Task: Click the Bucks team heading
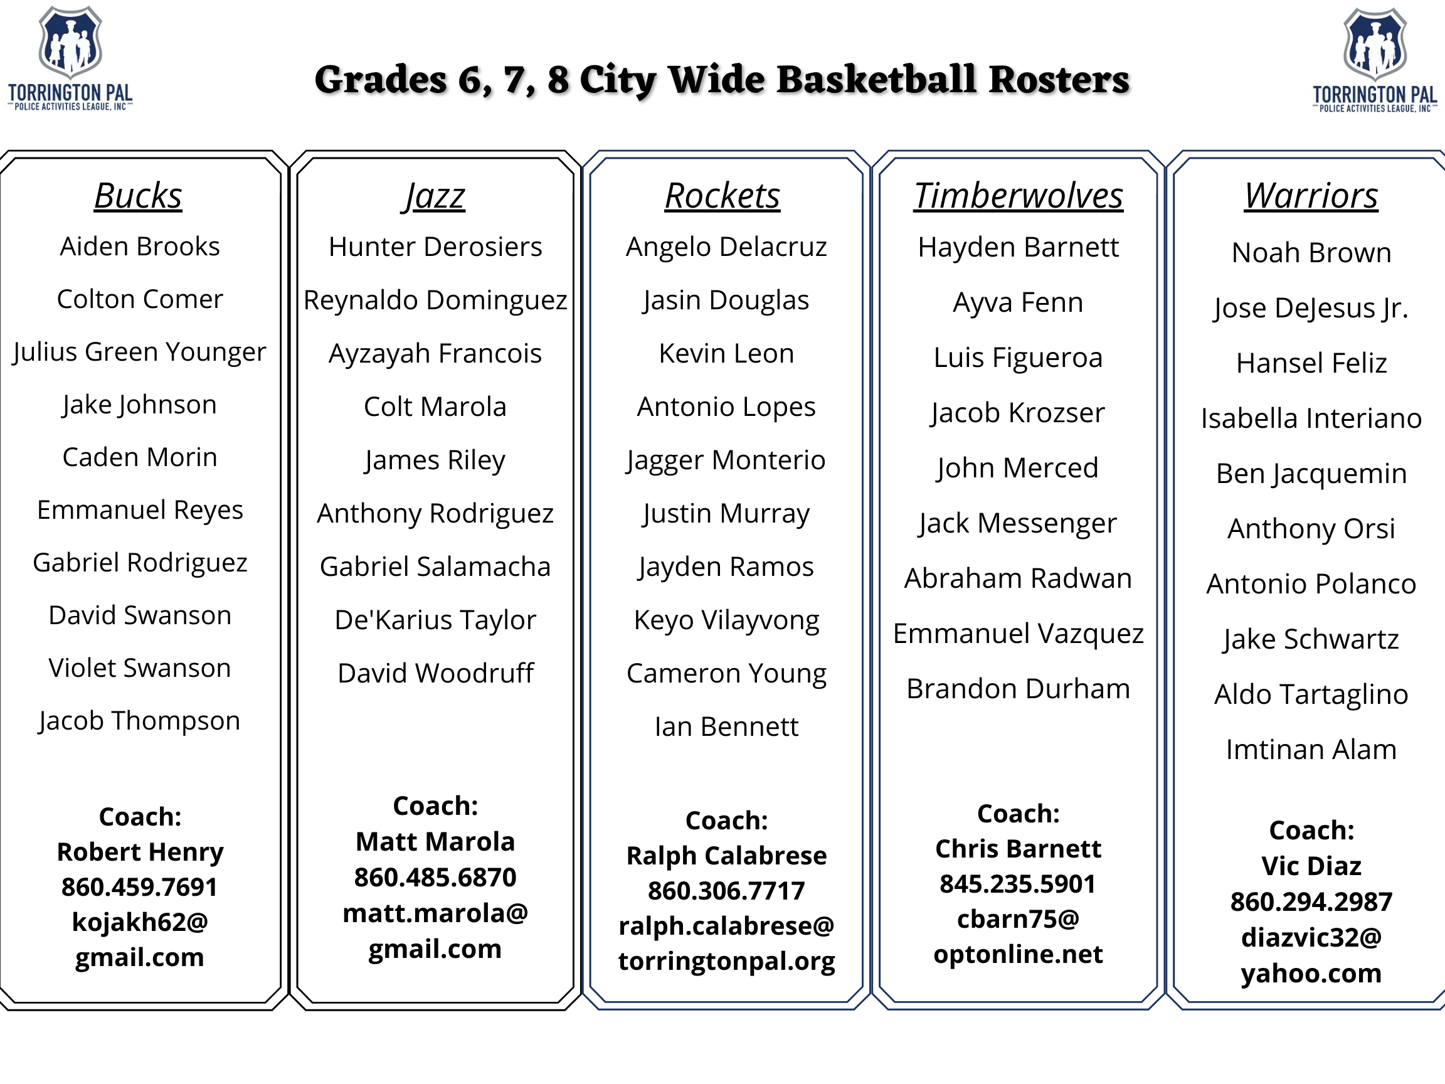click(x=138, y=196)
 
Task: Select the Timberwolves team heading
click(x=1019, y=196)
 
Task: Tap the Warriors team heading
click(x=1311, y=196)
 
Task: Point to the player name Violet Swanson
click(x=140, y=668)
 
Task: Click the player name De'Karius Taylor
click(x=435, y=620)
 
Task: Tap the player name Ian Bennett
click(x=726, y=726)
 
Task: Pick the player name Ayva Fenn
click(x=1018, y=303)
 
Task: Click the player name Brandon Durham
click(x=1018, y=689)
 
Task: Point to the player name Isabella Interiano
click(x=1311, y=418)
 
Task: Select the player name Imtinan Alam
click(x=1311, y=750)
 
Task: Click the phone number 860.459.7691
click(x=140, y=887)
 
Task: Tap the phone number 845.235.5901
click(x=1018, y=884)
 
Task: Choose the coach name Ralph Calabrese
click(x=726, y=856)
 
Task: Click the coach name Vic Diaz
click(x=1311, y=866)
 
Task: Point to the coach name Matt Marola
click(x=435, y=842)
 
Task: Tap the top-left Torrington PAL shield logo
click(x=70, y=43)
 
